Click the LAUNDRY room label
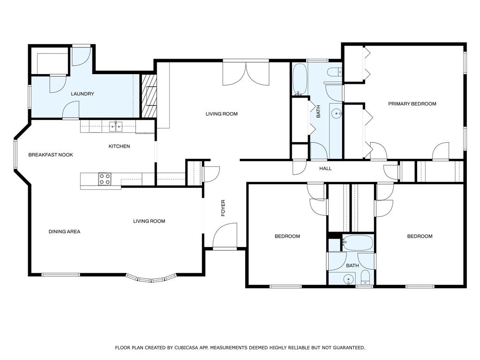[x=82, y=94]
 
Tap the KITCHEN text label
[x=119, y=146]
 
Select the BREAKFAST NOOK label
[x=51, y=155]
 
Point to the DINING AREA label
[x=64, y=232]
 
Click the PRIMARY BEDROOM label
[x=412, y=104]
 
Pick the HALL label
[x=325, y=168]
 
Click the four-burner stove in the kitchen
[x=105, y=179]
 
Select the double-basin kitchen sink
[x=116, y=126]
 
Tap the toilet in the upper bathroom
[x=334, y=72]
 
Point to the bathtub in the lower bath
[x=357, y=243]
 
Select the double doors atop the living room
[x=246, y=73]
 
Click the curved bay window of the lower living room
[x=151, y=279]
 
